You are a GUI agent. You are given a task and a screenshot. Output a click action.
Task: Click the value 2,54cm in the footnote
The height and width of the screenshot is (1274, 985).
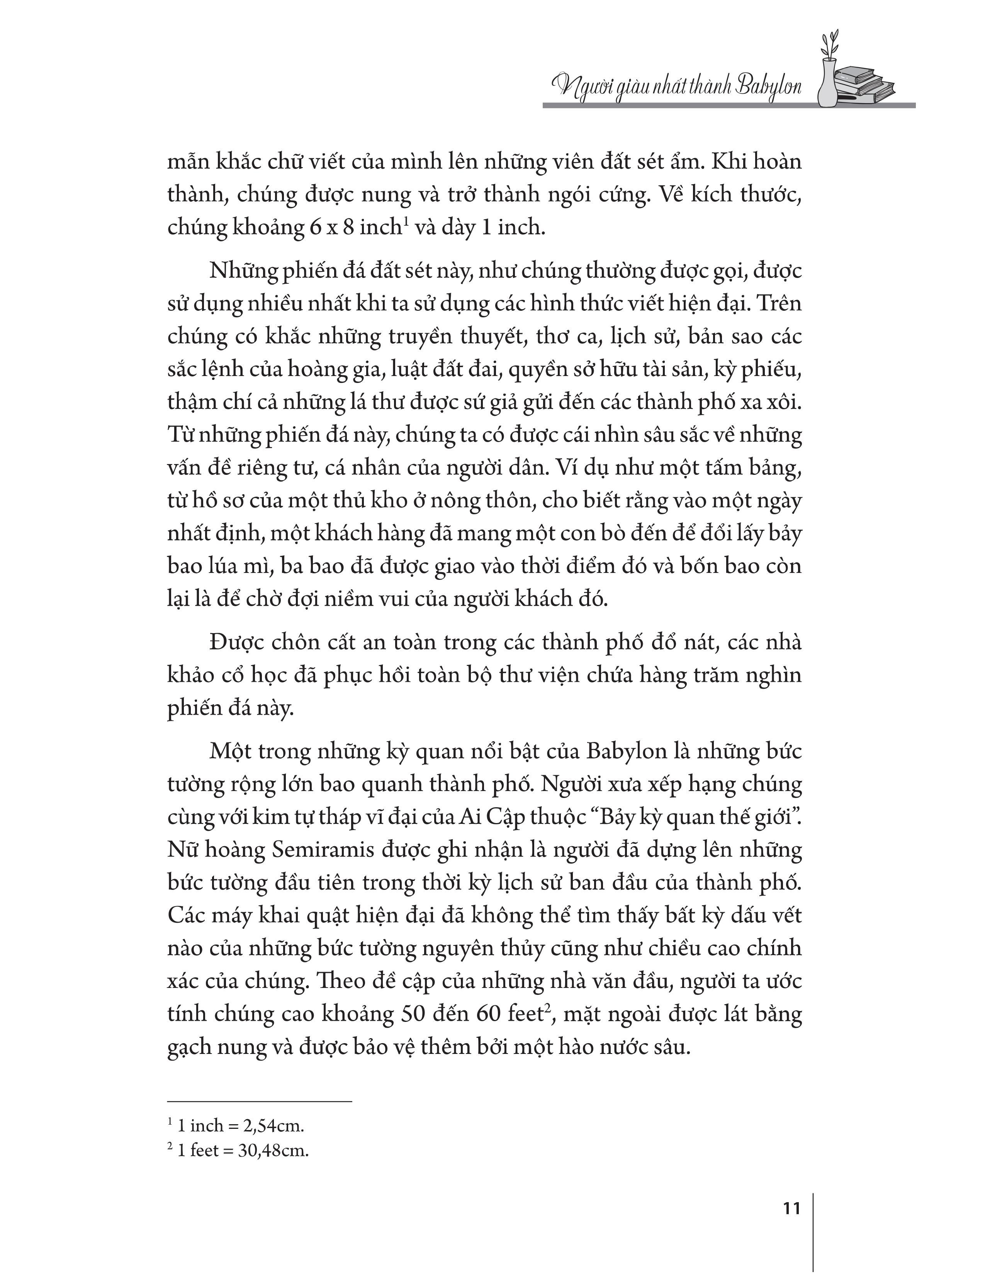(274, 1126)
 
